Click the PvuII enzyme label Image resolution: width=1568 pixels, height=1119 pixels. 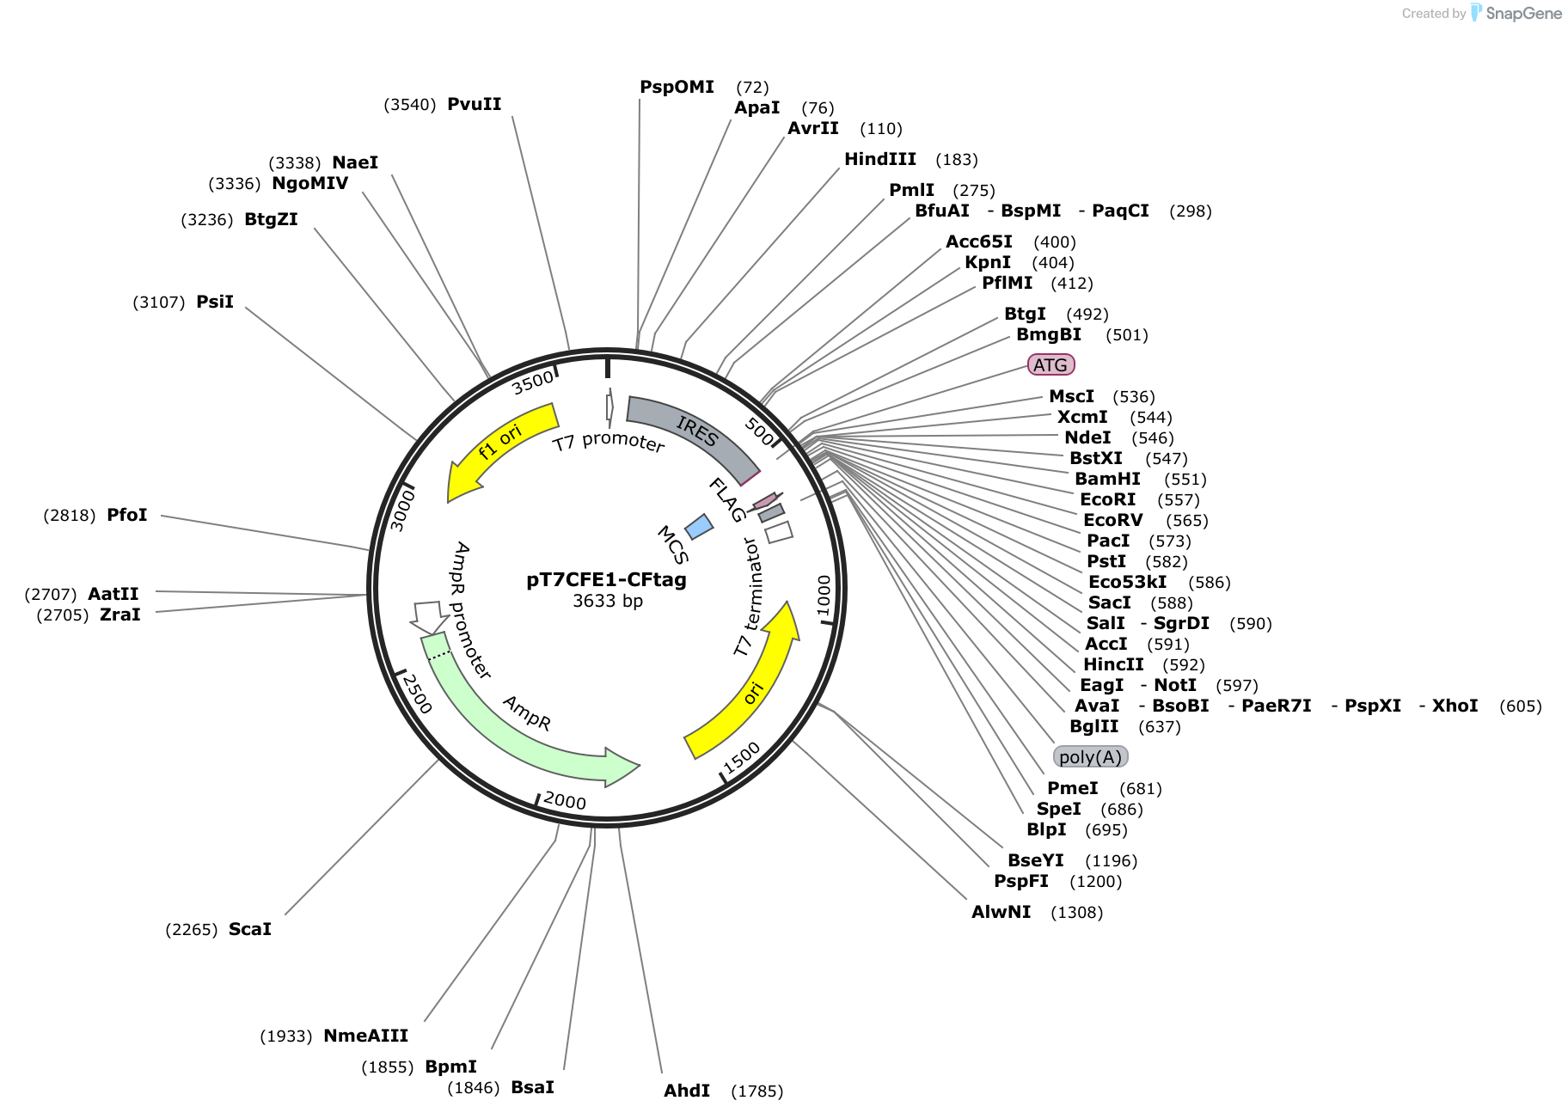[474, 104]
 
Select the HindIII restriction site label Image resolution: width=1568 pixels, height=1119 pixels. [879, 159]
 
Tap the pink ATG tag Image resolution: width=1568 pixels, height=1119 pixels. [1050, 365]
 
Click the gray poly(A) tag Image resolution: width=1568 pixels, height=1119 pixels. [1090, 757]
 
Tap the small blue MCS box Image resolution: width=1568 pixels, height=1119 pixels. [699, 527]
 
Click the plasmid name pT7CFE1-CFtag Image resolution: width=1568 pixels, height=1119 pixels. [606, 580]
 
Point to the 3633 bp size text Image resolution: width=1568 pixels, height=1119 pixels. [608, 601]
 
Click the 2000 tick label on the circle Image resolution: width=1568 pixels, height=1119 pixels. [565, 801]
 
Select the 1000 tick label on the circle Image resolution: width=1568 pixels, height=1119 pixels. [824, 595]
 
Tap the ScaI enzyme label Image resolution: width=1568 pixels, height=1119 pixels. [249, 929]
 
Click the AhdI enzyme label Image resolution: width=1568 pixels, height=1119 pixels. [687, 1091]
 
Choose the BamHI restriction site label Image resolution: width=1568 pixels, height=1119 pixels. [1107, 479]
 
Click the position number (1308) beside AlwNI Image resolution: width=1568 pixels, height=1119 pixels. [1076, 912]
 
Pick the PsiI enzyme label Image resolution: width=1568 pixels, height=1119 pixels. [215, 302]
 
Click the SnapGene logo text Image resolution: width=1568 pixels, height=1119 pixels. [1523, 13]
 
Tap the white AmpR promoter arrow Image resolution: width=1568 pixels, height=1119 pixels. [430, 616]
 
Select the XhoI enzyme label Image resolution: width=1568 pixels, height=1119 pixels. [1455, 706]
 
